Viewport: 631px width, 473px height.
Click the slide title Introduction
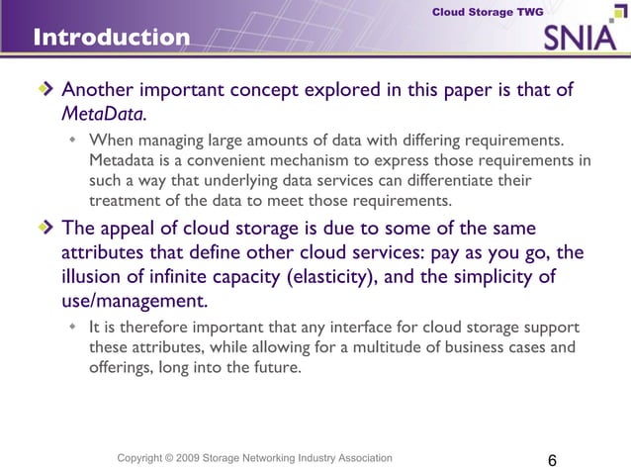tap(111, 39)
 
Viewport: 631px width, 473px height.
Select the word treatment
tap(127, 200)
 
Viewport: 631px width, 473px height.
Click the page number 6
tap(551, 461)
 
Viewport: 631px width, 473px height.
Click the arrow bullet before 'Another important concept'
tap(45, 91)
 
